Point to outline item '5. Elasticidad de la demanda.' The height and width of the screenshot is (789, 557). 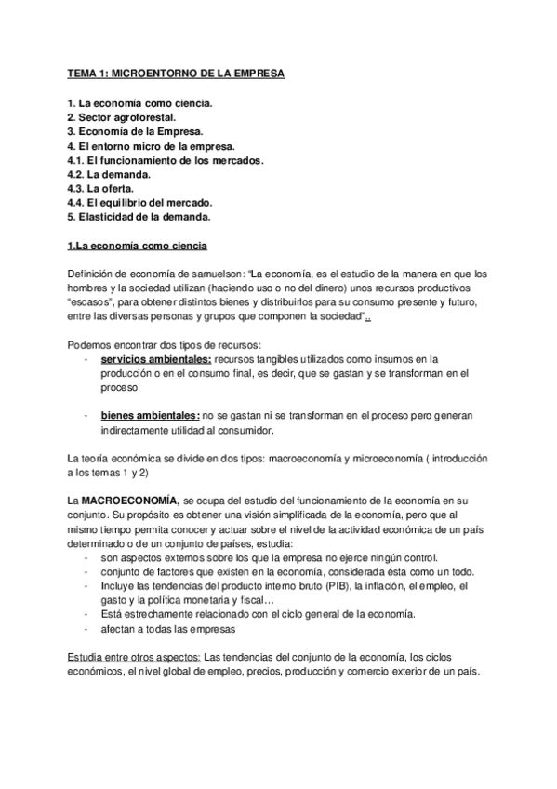tap(139, 218)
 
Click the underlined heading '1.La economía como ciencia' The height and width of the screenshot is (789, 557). tap(138, 247)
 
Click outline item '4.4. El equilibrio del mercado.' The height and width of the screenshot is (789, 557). tap(140, 203)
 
